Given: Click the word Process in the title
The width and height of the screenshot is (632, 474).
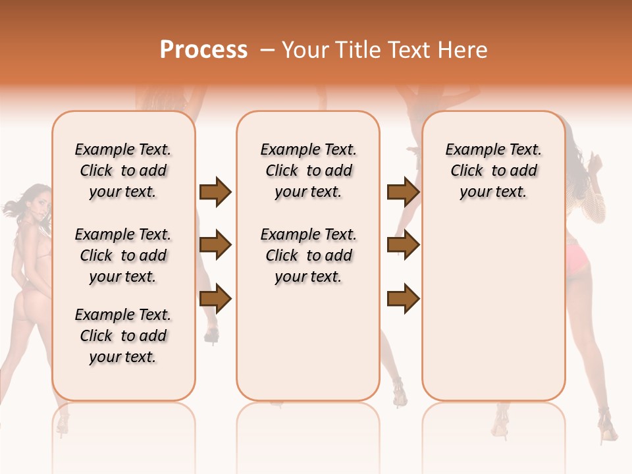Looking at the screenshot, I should point(203,50).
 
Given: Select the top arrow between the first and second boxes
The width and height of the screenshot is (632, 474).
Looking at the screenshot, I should point(215,192).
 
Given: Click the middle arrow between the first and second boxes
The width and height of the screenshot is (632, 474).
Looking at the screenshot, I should point(215,245).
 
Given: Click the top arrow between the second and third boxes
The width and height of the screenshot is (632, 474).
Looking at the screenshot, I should point(403,192).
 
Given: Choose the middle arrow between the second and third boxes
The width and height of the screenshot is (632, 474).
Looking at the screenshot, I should point(403,245).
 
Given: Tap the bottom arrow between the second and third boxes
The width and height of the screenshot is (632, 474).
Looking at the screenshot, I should point(403,299).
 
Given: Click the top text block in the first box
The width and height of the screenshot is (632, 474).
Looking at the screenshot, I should point(123,171).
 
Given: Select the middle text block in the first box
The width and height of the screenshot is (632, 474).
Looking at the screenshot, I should point(123,255).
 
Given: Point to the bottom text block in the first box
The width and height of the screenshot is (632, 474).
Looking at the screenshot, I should point(123,336).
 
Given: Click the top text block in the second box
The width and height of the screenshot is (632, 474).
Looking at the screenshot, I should point(309,171).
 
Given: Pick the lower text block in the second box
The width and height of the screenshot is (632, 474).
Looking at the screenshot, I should point(309,255).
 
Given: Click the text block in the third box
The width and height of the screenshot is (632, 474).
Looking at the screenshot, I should point(494,171).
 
